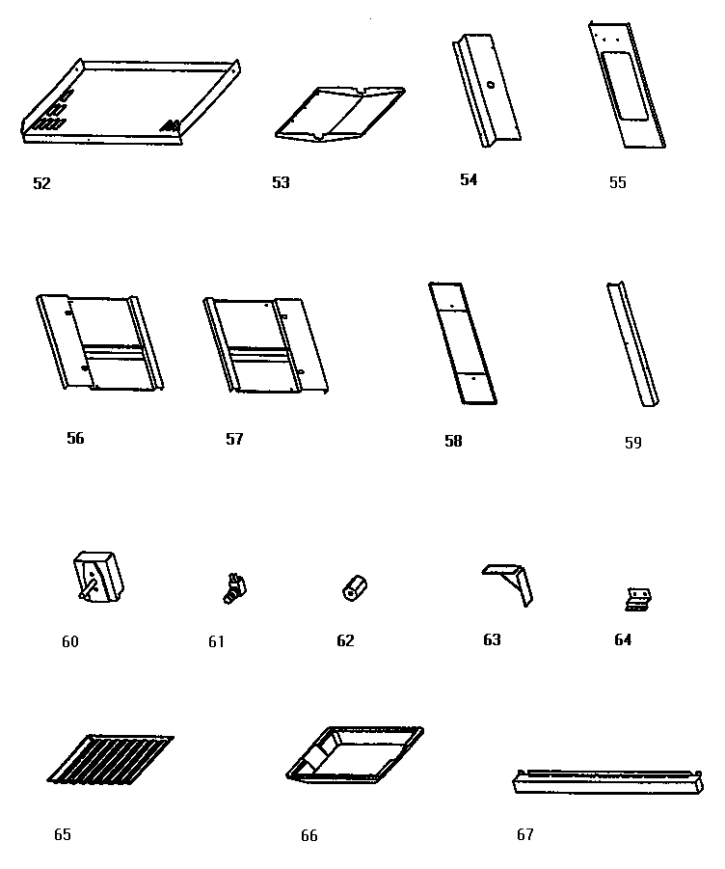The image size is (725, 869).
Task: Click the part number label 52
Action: (x=41, y=183)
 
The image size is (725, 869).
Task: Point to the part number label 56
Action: (x=75, y=439)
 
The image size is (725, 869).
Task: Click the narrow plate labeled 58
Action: (x=462, y=342)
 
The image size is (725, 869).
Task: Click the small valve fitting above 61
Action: (x=233, y=587)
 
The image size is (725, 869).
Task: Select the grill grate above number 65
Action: (x=109, y=759)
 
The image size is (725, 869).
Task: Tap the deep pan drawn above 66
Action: (x=355, y=753)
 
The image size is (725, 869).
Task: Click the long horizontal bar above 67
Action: (x=605, y=781)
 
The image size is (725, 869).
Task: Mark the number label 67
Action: (x=524, y=835)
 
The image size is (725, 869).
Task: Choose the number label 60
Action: (x=70, y=641)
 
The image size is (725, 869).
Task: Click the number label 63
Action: (x=492, y=639)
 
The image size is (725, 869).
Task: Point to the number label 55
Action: (x=617, y=183)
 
